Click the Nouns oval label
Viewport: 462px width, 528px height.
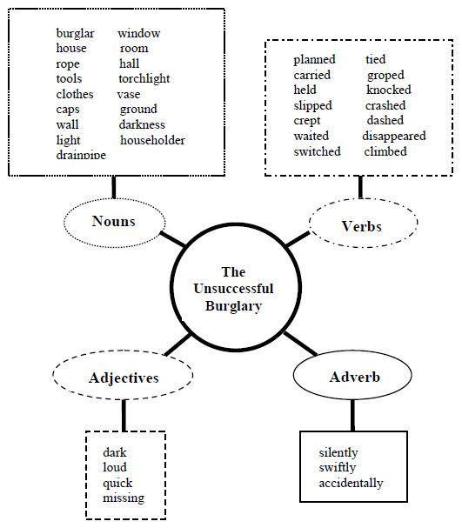pyautogui.click(x=114, y=221)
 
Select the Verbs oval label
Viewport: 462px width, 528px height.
pyautogui.click(x=362, y=226)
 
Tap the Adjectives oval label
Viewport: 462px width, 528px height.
pyautogui.click(x=124, y=378)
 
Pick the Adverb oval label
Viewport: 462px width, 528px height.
pyautogui.click(x=355, y=377)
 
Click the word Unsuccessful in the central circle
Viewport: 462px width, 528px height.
pyautogui.click(x=233, y=289)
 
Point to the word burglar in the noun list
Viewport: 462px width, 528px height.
pyautogui.click(x=75, y=34)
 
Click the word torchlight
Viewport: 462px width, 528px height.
pyautogui.click(x=144, y=79)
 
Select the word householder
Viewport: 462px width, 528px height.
pyautogui.click(x=152, y=140)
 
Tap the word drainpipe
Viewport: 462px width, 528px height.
pyautogui.click(x=81, y=155)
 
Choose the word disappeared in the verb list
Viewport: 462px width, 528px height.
pyautogui.click(x=394, y=136)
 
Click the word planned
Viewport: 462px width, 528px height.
pyautogui.click(x=314, y=60)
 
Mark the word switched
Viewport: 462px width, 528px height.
pyautogui.click(x=317, y=151)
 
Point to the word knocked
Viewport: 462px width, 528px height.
pyautogui.click(x=389, y=90)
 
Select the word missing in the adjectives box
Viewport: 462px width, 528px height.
pyautogui.click(x=124, y=498)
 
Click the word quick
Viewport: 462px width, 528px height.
pyautogui.click(x=117, y=484)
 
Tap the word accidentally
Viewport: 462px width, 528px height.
pyautogui.click(x=351, y=484)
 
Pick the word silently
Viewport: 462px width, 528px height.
pyautogui.click(x=338, y=452)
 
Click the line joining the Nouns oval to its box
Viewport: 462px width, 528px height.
pyautogui.click(x=114, y=187)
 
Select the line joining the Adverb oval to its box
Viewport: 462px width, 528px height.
pyautogui.click(x=352, y=415)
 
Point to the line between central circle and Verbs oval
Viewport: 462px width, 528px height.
pyautogui.click(x=298, y=239)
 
